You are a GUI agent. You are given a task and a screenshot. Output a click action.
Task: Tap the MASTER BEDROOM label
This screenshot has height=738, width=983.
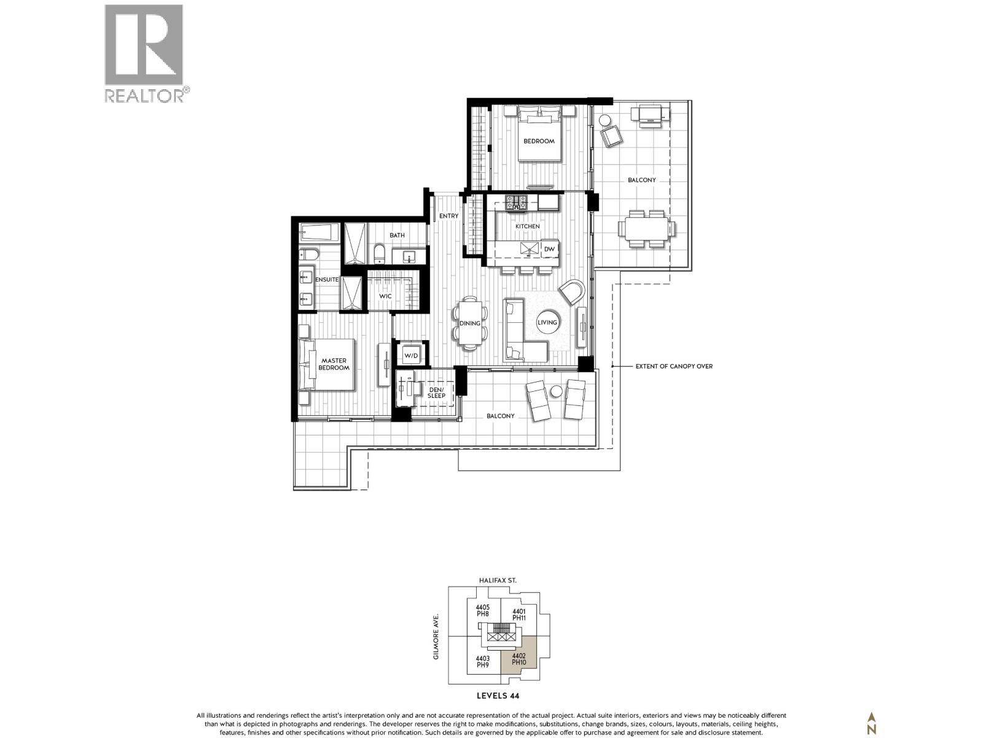point(333,364)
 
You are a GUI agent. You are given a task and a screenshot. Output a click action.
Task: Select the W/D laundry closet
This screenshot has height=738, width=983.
point(410,356)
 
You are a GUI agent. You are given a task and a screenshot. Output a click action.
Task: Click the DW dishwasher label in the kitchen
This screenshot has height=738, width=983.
point(549,249)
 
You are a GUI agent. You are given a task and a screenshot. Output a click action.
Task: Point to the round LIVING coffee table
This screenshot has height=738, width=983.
point(547,322)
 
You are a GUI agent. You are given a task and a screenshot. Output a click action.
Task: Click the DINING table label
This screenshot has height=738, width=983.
point(470,323)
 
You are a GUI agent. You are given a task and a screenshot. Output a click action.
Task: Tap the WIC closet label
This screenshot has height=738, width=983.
point(385,296)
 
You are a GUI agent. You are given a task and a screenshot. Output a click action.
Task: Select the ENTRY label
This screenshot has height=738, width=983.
point(448,216)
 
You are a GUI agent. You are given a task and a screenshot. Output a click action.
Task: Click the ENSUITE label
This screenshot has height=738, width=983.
point(326,279)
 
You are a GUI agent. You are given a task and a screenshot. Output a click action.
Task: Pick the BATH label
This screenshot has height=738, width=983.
point(397,235)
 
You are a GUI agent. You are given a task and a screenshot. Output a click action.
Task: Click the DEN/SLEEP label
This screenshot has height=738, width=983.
point(436,392)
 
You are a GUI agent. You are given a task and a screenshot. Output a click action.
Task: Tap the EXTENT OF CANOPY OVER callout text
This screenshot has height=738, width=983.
point(673,366)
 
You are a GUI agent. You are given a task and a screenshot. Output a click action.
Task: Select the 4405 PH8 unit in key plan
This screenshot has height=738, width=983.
point(482,610)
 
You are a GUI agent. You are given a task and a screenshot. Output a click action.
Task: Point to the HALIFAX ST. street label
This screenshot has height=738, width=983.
point(498,580)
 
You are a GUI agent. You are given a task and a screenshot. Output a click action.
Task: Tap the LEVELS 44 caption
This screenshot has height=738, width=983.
point(498,696)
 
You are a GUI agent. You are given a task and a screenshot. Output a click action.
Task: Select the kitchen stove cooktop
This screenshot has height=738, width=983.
point(517,202)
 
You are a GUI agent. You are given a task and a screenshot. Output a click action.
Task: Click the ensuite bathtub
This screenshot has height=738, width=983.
point(319,233)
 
